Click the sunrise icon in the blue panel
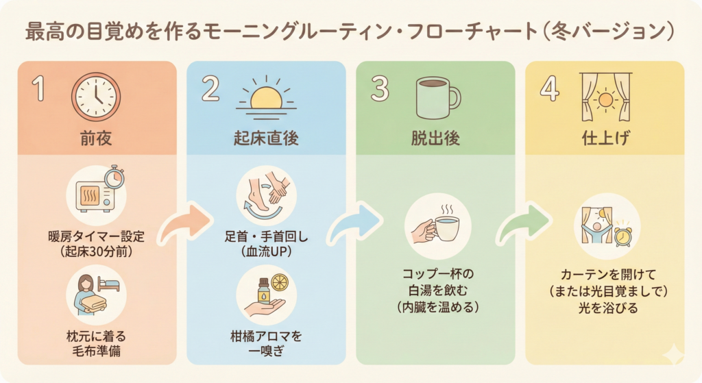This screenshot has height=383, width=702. [x=265, y=98]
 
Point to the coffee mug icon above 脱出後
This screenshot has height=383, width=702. [x=437, y=98]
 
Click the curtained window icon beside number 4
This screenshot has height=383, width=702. [x=604, y=97]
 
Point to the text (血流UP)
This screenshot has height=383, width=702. [x=265, y=251]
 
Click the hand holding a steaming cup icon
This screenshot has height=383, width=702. [x=435, y=226]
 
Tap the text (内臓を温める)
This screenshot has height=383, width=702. [x=437, y=307]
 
